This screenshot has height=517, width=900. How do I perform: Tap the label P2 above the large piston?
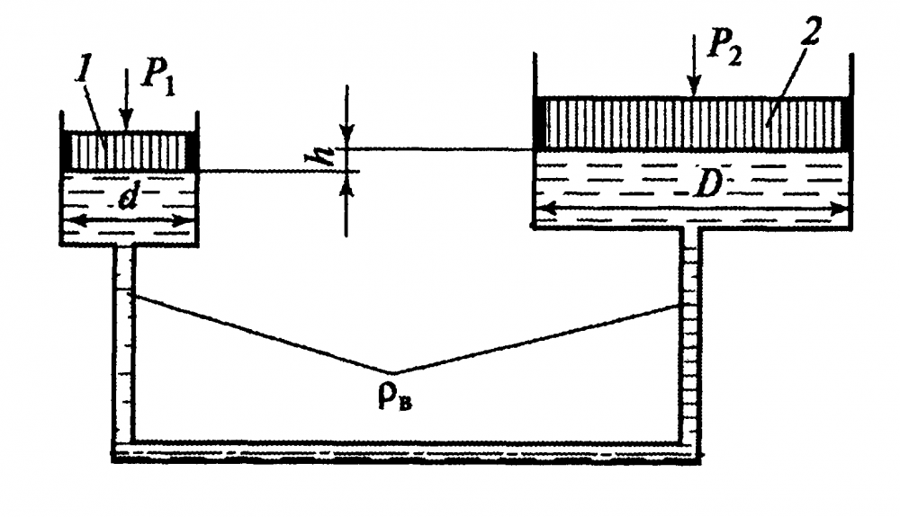[724, 43]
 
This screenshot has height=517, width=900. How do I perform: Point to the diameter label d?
[128, 198]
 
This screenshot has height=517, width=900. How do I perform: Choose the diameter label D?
[705, 184]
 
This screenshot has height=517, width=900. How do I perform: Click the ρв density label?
[395, 397]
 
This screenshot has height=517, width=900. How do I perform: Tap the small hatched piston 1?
[129, 151]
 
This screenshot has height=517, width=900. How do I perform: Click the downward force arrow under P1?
[128, 99]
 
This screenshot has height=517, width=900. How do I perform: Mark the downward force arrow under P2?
[694, 65]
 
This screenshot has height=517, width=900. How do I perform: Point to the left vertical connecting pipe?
[124, 343]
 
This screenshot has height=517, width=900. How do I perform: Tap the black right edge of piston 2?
[845, 123]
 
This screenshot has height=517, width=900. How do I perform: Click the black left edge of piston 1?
[66, 151]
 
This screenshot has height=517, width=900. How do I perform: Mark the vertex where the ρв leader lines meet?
[392, 372]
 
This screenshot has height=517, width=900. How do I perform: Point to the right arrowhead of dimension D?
[841, 209]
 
